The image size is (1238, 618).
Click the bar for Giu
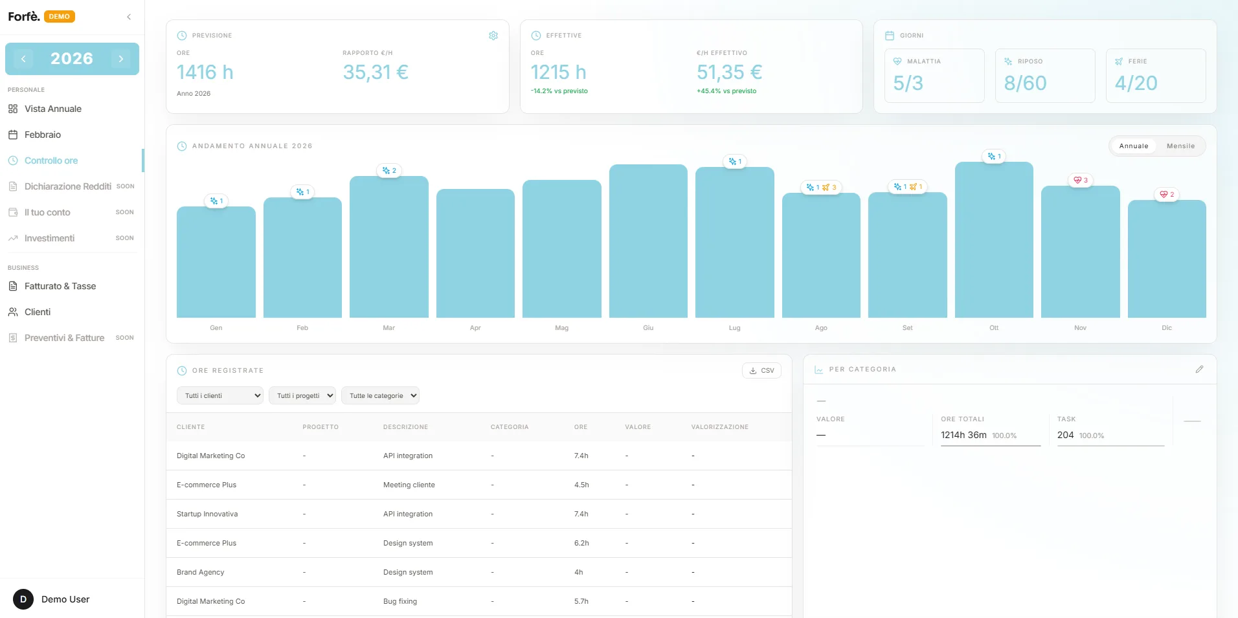click(x=648, y=241)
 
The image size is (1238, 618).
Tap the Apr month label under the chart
click(x=475, y=328)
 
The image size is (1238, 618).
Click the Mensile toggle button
click(x=1180, y=146)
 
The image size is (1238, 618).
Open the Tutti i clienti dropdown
click(x=220, y=395)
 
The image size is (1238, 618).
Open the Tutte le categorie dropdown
click(x=380, y=395)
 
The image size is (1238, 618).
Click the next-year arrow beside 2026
click(x=121, y=59)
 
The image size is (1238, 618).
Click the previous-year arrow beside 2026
click(x=23, y=59)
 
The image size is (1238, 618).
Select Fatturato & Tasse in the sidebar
click(x=60, y=286)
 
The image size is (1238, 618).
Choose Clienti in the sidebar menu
click(x=38, y=312)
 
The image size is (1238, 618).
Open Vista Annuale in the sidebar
click(x=53, y=109)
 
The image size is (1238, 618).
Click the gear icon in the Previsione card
click(x=493, y=36)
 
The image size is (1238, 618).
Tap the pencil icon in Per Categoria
click(x=1199, y=370)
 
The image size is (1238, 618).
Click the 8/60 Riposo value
click(x=1025, y=83)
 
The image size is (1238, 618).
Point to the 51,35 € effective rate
click(x=730, y=72)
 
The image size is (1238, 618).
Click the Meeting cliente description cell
click(x=409, y=485)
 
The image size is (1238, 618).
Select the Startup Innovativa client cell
click(x=207, y=514)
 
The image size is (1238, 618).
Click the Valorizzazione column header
click(x=719, y=427)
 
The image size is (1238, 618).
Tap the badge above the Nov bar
click(x=1081, y=180)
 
